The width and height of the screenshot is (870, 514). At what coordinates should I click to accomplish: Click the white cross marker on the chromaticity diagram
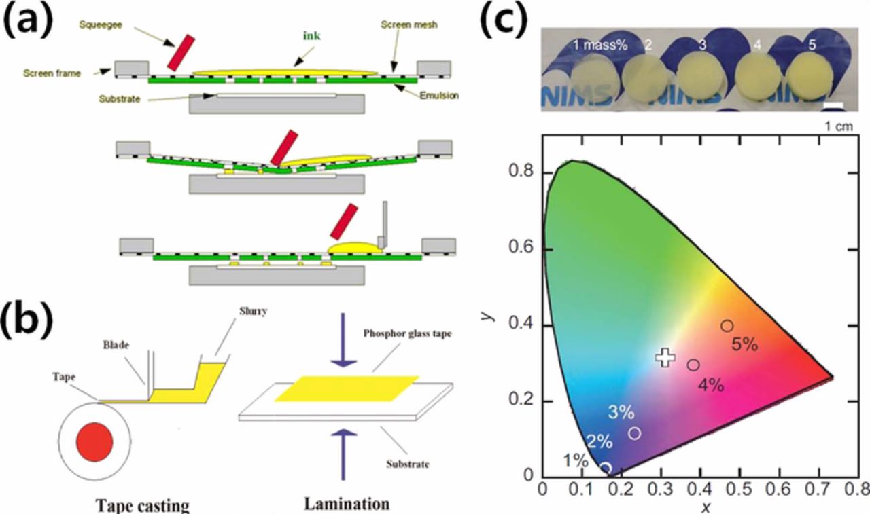[x=665, y=357]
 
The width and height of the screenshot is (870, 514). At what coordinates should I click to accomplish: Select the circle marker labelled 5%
[x=727, y=326]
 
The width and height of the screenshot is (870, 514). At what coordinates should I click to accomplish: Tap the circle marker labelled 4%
[x=693, y=365]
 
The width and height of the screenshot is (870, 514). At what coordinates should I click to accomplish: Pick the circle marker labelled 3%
[x=635, y=433]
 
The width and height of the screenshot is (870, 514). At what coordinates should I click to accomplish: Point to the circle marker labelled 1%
[x=606, y=468]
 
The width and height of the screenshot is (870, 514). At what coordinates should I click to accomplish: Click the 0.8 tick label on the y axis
[x=521, y=172]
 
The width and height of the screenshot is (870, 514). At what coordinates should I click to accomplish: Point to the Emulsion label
[x=438, y=96]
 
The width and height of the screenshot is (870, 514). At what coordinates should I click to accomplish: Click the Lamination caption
[x=347, y=504]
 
